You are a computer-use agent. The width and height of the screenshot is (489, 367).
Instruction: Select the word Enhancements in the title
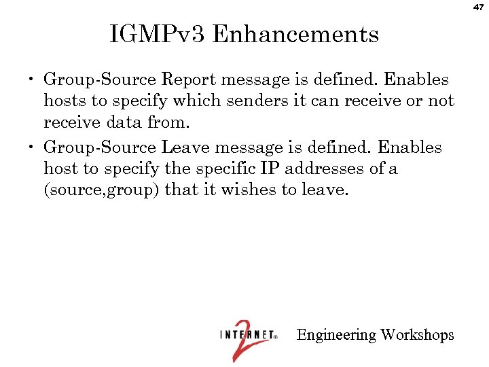point(295,33)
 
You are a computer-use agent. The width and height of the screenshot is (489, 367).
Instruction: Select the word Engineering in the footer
point(336,335)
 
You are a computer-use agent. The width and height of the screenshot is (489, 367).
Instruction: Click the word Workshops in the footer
point(417,335)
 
